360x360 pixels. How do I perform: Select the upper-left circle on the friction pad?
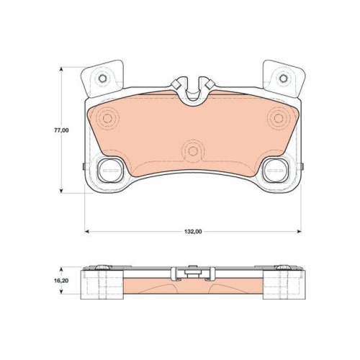click(109, 117)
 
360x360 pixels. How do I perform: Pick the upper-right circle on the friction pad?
click(279, 117)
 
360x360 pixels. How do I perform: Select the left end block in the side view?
click(98, 282)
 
